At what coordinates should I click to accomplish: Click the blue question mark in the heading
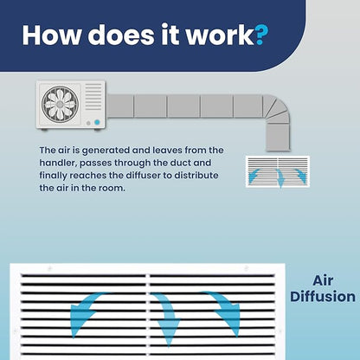point(261,35)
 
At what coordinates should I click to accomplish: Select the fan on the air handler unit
point(60,103)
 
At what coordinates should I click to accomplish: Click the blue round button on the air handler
point(97,122)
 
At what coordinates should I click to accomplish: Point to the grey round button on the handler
point(88,123)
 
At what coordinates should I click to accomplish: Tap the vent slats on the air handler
point(93,97)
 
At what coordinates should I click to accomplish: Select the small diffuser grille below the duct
point(278,171)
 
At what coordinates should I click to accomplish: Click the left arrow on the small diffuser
point(254,176)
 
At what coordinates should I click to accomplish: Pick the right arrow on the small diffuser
point(301,175)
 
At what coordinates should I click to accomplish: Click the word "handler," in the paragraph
point(58,163)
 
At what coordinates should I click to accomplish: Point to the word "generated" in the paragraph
point(106,151)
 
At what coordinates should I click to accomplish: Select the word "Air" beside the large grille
point(323,280)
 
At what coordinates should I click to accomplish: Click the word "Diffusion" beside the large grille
point(323,297)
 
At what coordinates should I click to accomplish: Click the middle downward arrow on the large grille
point(168,318)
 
